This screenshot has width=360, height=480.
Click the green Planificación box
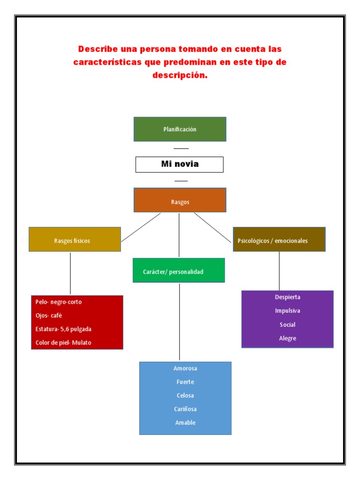pyautogui.click(x=180, y=129)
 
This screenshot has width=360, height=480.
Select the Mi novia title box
pyautogui.click(x=180, y=164)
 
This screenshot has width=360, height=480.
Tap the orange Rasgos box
pyautogui.click(x=180, y=202)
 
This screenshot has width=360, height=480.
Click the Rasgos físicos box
pyautogui.click(x=75, y=240)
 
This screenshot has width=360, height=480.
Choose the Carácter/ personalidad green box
pyautogui.click(x=179, y=271)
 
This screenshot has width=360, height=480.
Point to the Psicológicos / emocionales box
pyautogui.click(x=279, y=240)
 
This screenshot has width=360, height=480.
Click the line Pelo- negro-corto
pyautogui.click(x=59, y=302)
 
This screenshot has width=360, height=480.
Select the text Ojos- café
pyautogui.click(x=49, y=315)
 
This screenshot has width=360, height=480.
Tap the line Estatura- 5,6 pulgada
pyautogui.click(x=63, y=329)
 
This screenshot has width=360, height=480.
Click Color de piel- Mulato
pyautogui.click(x=63, y=343)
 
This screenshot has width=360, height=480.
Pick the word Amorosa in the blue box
pyautogui.click(x=185, y=368)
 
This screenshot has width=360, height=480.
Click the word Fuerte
pyautogui.click(x=185, y=382)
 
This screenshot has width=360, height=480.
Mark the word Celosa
pyautogui.click(x=185, y=396)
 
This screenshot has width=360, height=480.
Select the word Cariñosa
pyautogui.click(x=185, y=409)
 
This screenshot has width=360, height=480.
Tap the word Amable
pyautogui.click(x=185, y=423)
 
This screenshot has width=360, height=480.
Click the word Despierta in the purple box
pyautogui.click(x=288, y=297)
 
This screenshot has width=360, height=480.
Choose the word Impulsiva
pyautogui.click(x=288, y=311)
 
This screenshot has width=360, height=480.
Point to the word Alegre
pyautogui.click(x=288, y=338)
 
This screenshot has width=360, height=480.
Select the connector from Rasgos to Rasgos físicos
pyautogui.click(x=141, y=227)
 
